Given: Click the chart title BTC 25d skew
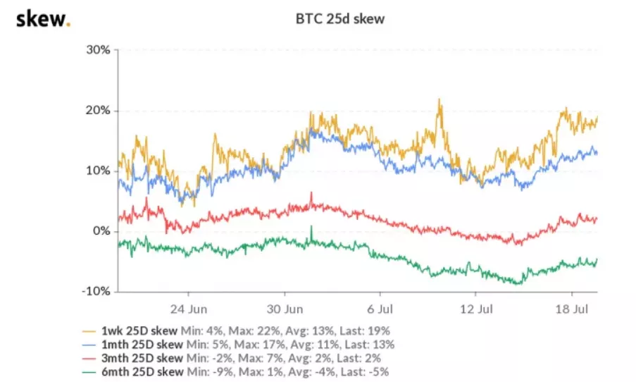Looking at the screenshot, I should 339,20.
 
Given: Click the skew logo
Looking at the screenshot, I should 43,19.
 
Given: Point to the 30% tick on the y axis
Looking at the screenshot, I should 99,50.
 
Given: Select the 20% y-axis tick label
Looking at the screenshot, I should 99,111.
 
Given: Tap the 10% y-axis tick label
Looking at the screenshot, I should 99,171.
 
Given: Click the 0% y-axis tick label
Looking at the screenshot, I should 102,231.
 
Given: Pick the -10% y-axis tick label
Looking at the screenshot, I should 97,291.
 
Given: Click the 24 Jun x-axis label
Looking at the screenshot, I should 189,309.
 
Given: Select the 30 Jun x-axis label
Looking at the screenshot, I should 285,309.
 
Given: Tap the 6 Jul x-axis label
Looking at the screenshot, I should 380,309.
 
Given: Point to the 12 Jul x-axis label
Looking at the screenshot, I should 475,309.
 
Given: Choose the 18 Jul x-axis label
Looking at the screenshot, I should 570,309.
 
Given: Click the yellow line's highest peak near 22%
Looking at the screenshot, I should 439,100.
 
